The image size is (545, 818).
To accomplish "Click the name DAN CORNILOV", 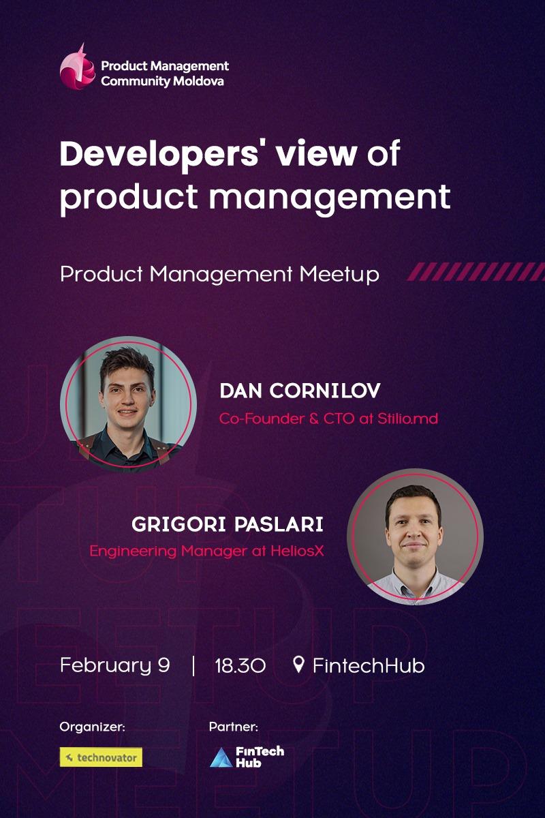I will pos(300,391).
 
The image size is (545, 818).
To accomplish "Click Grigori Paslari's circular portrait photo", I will pos(414,536).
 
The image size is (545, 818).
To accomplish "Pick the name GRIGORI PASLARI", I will pos(228,525).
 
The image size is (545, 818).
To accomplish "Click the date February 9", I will pos(114,665).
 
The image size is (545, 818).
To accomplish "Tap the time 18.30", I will pos(240,665).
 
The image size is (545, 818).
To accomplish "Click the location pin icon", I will pos(298,664).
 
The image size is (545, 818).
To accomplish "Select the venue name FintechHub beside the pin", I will pos(369,665).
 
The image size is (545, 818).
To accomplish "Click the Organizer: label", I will pos(92,727).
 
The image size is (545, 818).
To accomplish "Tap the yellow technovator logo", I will pos(101,757).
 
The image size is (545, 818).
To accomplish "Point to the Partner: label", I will pos(233,727).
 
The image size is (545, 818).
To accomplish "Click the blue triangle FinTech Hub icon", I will pos(220,757).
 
